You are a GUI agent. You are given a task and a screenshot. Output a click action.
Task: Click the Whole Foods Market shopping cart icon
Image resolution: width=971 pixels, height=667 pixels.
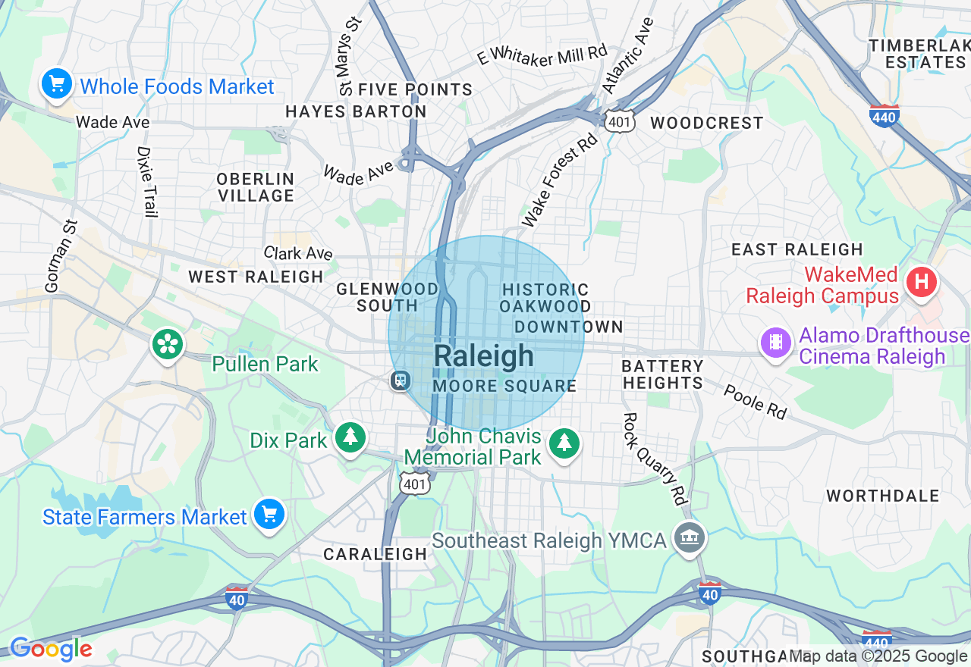tap(57, 84)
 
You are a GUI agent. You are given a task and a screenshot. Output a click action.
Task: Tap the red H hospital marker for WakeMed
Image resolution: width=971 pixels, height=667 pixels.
tap(922, 283)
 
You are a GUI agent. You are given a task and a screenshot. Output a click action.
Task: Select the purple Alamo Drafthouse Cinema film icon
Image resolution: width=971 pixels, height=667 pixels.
tap(776, 342)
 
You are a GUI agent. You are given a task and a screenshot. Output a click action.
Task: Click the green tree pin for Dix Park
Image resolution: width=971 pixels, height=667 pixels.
tap(350, 437)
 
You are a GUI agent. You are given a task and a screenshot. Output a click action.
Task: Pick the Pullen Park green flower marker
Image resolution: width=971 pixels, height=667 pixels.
tap(168, 345)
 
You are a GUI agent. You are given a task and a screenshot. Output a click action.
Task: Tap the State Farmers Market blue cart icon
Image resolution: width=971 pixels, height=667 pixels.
tap(269, 515)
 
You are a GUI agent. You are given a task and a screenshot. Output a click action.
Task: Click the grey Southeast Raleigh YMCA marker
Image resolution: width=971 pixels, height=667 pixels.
tap(690, 539)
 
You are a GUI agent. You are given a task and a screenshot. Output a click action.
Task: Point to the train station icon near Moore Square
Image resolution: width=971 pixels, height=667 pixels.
tap(400, 380)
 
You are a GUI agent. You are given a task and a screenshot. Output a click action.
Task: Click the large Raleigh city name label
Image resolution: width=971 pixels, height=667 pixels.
tap(484, 356)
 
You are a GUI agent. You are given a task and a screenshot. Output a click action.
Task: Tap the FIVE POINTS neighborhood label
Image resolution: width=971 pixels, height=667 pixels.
tap(415, 89)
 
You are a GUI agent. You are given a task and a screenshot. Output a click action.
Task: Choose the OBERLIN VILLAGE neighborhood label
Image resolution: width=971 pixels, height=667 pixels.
tap(256, 187)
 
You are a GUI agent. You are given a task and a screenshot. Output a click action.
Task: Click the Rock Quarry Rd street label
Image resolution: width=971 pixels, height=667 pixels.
tap(655, 459)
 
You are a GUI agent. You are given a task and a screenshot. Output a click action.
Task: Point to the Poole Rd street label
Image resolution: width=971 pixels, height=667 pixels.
tap(755, 402)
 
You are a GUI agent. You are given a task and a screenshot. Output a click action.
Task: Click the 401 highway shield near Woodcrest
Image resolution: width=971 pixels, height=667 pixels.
tap(620, 121)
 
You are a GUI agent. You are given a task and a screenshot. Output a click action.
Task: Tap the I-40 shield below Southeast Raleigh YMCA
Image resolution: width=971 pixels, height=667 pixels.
tap(709, 593)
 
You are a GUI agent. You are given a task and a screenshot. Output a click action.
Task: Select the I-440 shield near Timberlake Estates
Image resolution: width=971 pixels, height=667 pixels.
tap(885, 114)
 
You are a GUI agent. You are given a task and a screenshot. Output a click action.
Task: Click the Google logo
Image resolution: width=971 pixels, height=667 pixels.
tap(51, 650)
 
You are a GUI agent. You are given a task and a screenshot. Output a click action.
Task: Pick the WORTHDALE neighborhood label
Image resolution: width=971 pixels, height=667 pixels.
tap(883, 496)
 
